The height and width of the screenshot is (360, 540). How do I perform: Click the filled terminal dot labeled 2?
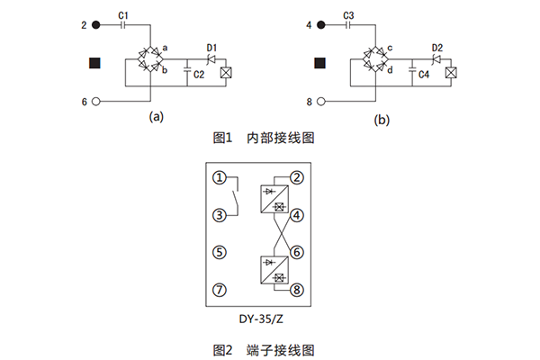[x=96, y=25]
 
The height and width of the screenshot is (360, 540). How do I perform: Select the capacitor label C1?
[x=124, y=15]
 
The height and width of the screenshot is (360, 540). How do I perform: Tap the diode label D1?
[x=212, y=47]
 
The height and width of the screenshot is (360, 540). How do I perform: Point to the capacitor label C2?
[x=198, y=76]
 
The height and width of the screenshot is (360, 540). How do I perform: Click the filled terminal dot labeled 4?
[x=321, y=25]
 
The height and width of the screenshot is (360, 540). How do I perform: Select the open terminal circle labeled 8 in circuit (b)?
[x=321, y=103]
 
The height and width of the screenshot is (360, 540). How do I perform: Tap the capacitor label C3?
[x=349, y=15]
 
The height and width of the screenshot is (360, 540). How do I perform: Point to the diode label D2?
[x=436, y=47]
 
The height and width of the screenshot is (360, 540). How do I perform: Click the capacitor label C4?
[x=423, y=76]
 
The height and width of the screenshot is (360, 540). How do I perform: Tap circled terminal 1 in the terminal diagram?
[x=219, y=177]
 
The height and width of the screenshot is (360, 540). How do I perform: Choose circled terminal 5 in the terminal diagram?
[x=219, y=252]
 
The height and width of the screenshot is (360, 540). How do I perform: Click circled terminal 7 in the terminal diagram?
[x=219, y=290]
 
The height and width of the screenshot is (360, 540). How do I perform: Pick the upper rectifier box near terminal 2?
[x=272, y=199]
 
